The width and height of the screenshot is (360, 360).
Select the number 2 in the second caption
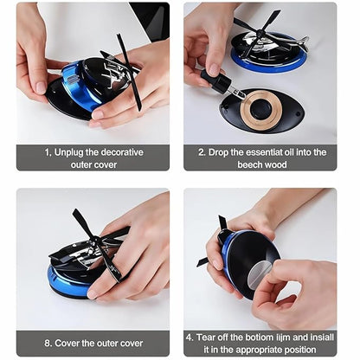coord(202,151)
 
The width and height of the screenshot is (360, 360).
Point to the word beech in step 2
coord(256,164)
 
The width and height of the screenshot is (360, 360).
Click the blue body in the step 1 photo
coord(82,87)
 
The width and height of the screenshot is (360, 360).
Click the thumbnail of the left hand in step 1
coord(39,87)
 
